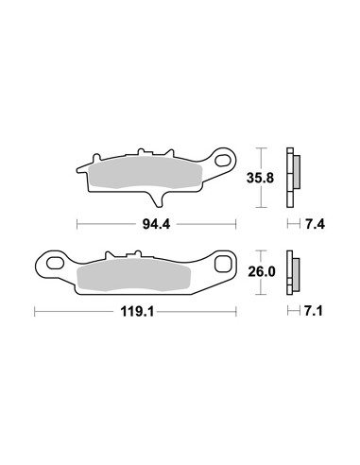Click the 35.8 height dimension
click(x=260, y=178)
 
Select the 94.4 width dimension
click(x=156, y=224)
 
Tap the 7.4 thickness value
click(x=315, y=224)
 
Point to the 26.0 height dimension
click(x=262, y=271)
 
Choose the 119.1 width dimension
click(x=137, y=312)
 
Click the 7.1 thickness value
click(x=314, y=311)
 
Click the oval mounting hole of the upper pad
click(x=223, y=160)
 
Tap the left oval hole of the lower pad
click(x=54, y=263)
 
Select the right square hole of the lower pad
click(x=223, y=264)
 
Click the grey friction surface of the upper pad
click(x=146, y=173)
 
